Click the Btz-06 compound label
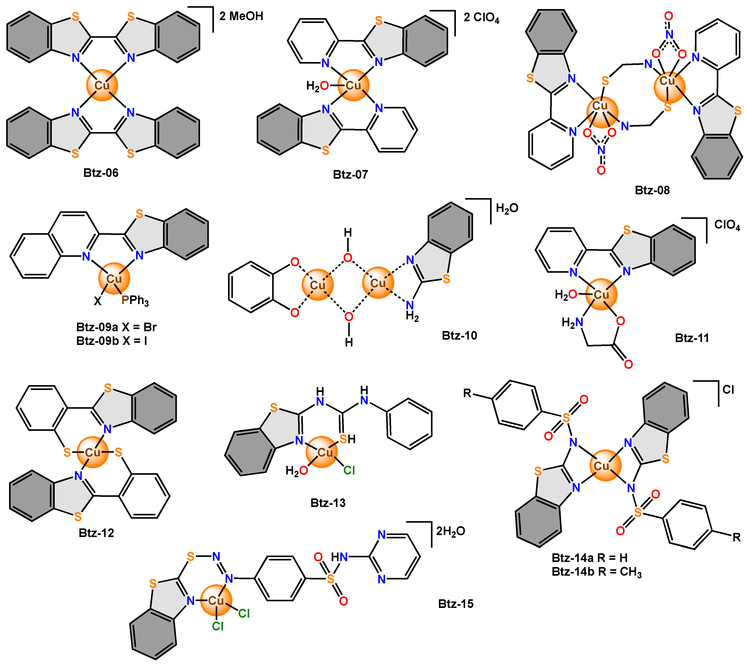click(101, 173)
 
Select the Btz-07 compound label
click(350, 174)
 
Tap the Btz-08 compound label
click(652, 190)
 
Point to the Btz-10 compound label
click(459, 335)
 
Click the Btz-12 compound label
click(96, 533)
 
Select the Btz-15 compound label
click(456, 604)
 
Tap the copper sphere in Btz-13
click(322, 452)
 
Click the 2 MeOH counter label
click(241, 16)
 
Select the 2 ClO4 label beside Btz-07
click(481, 18)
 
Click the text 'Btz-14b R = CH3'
click(596, 571)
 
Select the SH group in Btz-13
click(348, 439)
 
